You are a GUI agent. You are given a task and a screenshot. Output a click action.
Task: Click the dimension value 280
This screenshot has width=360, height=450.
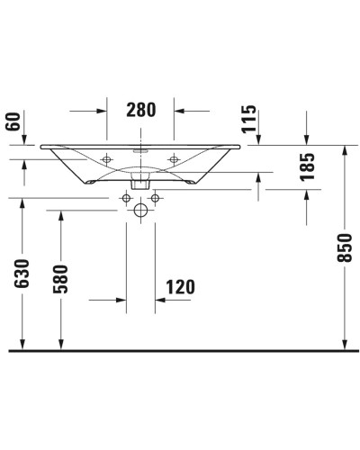(x=140, y=110)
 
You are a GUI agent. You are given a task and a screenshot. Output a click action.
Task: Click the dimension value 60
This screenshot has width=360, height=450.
(x=12, y=121)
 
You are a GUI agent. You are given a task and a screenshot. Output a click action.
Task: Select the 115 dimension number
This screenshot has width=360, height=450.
(x=249, y=118)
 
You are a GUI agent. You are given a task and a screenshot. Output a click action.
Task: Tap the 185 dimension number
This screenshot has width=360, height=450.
(x=307, y=167)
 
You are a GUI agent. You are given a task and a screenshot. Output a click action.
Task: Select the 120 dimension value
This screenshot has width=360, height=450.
(x=180, y=288)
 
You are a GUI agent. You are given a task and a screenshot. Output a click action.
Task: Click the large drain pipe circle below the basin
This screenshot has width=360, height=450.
(x=140, y=211)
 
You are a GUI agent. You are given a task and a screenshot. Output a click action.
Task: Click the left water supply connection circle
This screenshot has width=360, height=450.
(x=125, y=196)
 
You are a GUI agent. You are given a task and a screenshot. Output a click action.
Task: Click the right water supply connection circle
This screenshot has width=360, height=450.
(x=156, y=196)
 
